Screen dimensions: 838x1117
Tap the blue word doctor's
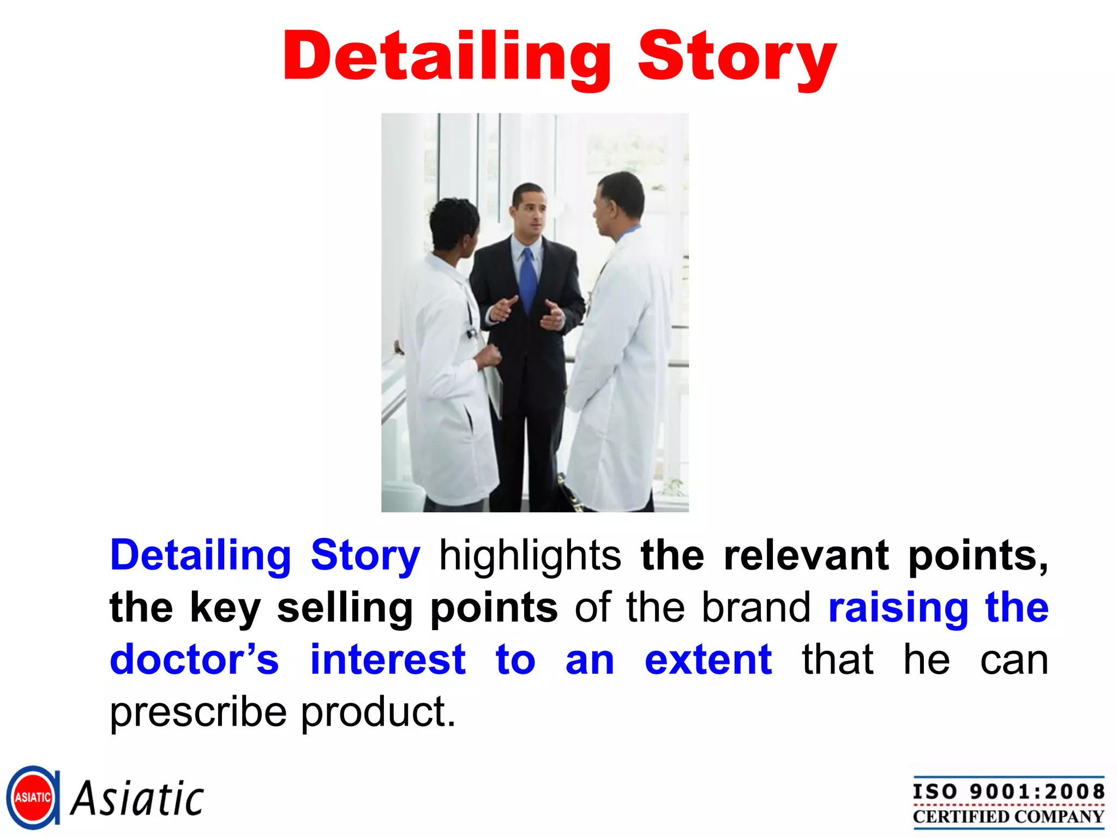194,660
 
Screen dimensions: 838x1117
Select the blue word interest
388,660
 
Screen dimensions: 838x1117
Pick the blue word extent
708,660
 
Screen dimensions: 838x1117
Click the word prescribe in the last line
198,713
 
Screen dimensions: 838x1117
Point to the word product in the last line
377,711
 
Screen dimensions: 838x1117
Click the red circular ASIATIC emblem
33,798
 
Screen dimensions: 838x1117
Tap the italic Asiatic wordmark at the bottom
137,799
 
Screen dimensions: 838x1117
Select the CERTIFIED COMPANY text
1008,817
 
